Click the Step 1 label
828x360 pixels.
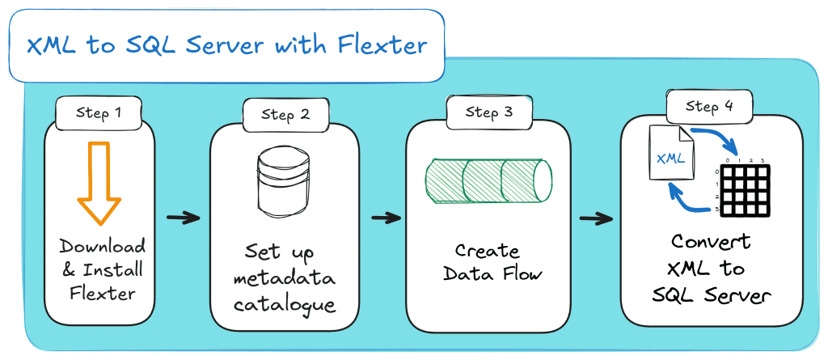pyautogui.click(x=99, y=112)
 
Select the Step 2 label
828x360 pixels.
pyautogui.click(x=285, y=114)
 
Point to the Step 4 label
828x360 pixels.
pyautogui.click(x=709, y=107)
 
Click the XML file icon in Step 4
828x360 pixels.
pyautogui.click(x=670, y=155)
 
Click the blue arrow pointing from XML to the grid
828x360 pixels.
pyautogui.click(x=717, y=139)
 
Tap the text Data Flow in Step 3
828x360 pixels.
pyautogui.click(x=492, y=274)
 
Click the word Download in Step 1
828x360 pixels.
pyautogui.click(x=103, y=246)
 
